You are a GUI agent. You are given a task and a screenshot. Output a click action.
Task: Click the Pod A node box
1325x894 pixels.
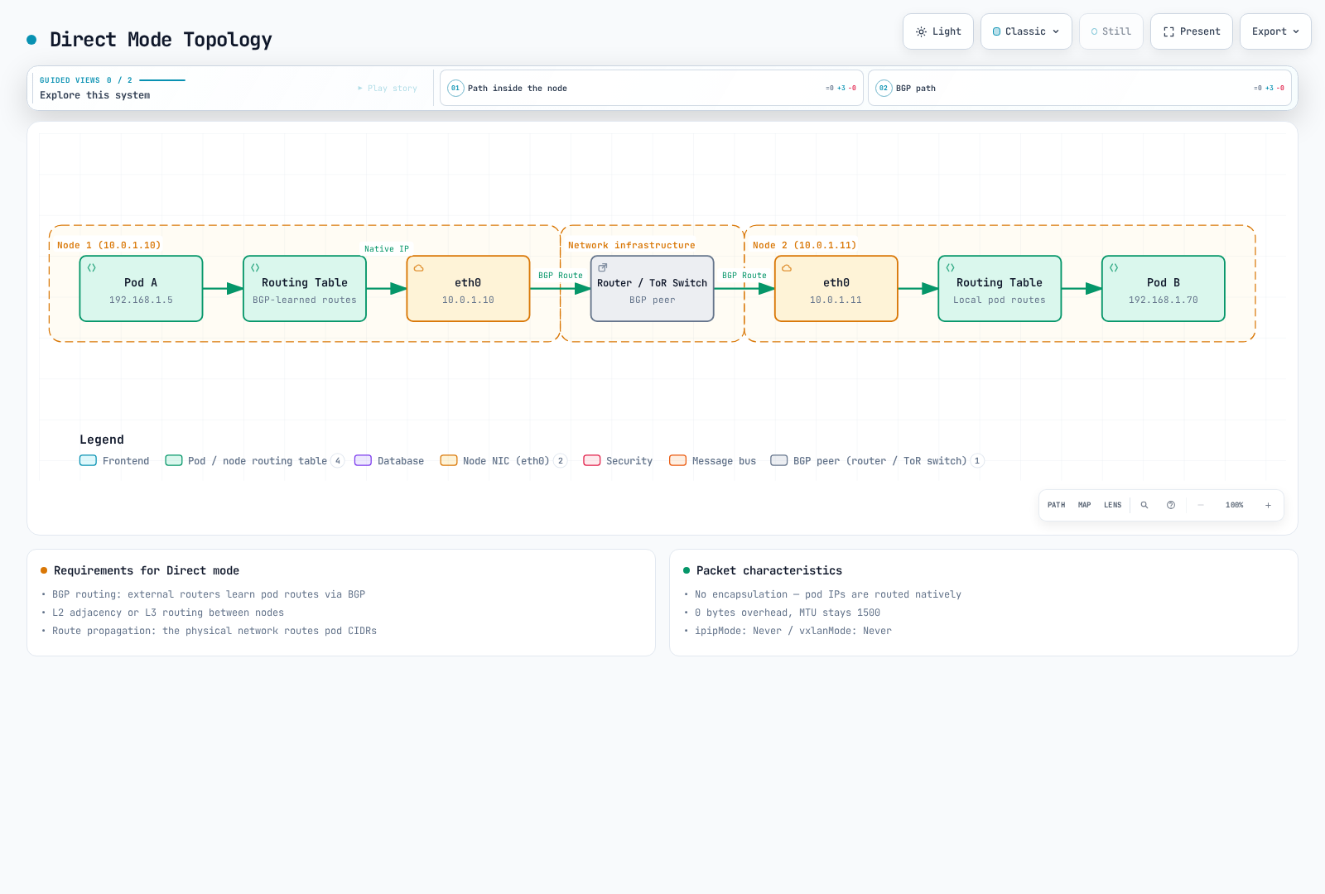[x=141, y=289]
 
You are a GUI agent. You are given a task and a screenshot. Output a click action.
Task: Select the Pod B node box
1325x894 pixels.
[x=1163, y=289]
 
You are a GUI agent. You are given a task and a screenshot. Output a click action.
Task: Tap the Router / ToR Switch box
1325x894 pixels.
[x=652, y=289]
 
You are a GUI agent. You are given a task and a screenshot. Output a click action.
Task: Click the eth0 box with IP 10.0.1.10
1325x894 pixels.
[x=468, y=289]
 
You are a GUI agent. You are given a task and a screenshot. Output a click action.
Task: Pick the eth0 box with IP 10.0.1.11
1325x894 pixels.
[x=836, y=289]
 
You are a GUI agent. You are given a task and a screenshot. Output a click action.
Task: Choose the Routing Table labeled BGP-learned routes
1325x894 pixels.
[x=305, y=289]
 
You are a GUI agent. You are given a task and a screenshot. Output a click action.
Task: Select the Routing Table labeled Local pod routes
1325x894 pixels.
[x=1000, y=289]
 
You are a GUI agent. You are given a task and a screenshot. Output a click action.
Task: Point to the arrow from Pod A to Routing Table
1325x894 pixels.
[x=223, y=289]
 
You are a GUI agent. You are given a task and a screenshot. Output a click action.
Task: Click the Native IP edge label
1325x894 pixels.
[x=386, y=249]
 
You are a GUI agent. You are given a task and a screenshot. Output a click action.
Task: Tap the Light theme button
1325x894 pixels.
[x=938, y=31]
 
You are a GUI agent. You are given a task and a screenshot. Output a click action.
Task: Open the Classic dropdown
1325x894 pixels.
[x=1026, y=31]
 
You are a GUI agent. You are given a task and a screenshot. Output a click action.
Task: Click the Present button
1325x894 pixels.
[x=1192, y=31]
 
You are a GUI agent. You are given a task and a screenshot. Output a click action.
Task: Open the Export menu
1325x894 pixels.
[x=1275, y=31]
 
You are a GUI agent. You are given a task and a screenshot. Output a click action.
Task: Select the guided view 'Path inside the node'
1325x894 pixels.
[x=651, y=88]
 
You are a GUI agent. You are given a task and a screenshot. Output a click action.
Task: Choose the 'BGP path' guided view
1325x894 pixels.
[x=1080, y=88]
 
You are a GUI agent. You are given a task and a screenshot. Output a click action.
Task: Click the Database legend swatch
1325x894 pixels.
[x=363, y=460]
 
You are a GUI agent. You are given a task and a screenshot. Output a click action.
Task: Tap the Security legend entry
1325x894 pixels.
[x=618, y=460]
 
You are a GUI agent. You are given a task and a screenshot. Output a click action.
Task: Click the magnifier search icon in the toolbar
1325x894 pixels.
[x=1144, y=505]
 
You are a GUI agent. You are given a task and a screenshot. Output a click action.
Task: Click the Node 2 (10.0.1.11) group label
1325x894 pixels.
[x=804, y=245]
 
